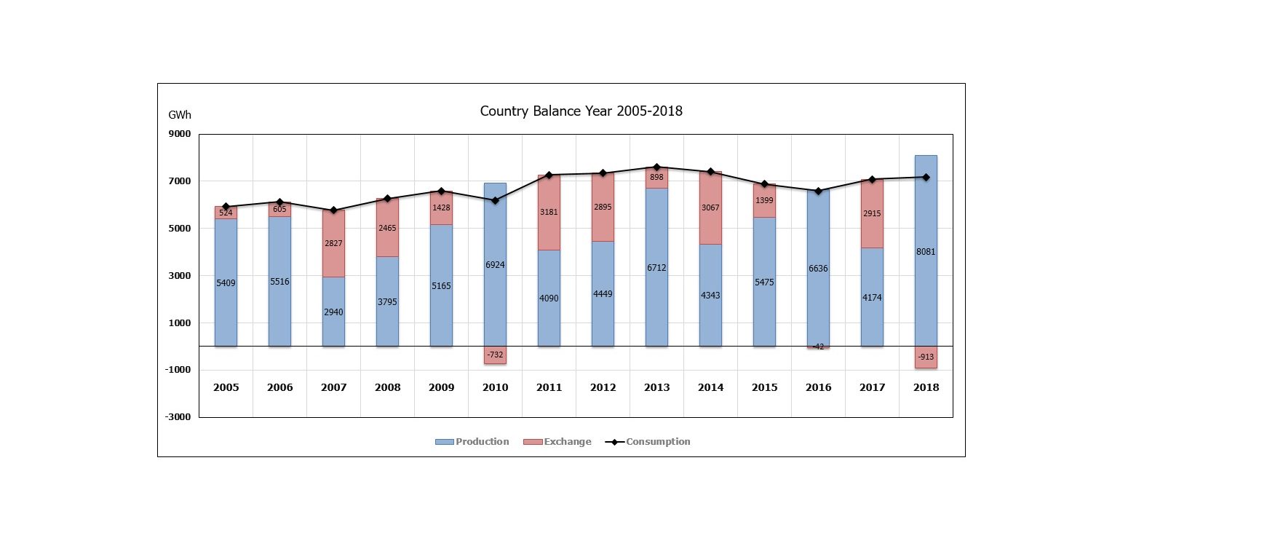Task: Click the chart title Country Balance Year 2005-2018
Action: [x=581, y=111]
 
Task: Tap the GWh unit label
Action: [x=179, y=115]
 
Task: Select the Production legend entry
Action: [x=472, y=442]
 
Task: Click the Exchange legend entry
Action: [x=557, y=442]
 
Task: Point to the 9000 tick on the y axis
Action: [x=180, y=134]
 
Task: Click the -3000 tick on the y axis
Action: [x=178, y=417]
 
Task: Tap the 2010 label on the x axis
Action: [x=495, y=387]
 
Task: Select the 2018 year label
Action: [x=926, y=387]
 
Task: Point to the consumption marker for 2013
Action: [x=656, y=167]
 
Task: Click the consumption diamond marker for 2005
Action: [x=226, y=207]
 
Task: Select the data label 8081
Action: [x=926, y=252]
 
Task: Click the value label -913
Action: [x=926, y=357]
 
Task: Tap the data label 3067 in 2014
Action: [x=710, y=207]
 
